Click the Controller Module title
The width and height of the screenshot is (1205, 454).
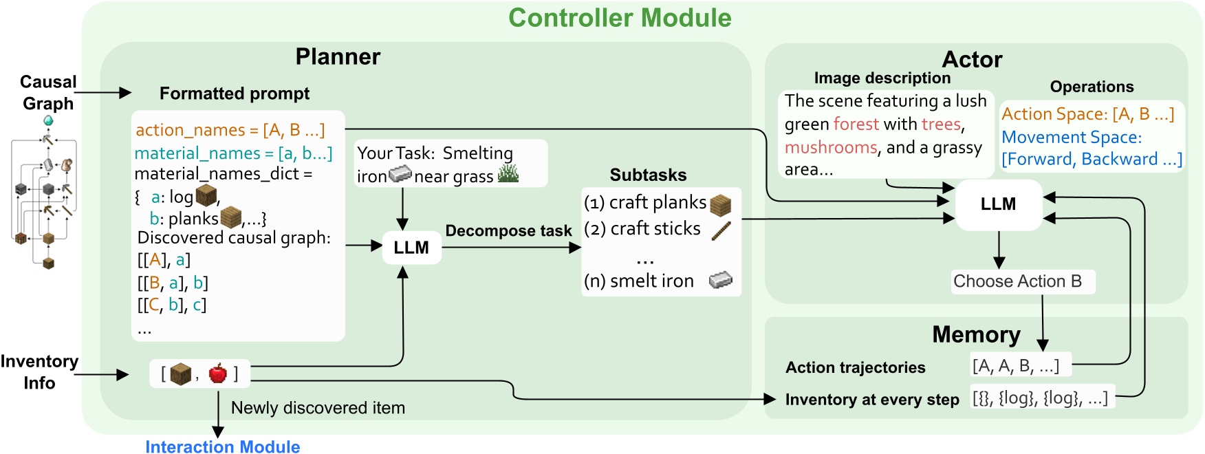619,19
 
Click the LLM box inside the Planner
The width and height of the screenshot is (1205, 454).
411,248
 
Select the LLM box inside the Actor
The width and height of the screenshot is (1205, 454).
998,204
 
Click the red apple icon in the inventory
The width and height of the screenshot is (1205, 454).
217,374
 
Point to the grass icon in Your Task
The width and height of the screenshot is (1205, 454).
508,175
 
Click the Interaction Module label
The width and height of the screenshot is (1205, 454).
222,446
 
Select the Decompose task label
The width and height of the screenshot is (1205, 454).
508,230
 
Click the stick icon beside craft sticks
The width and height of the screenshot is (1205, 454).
721,230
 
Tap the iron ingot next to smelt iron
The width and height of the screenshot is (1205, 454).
720,280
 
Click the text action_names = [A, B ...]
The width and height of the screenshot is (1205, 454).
230,130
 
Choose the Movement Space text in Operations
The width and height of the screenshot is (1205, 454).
1071,138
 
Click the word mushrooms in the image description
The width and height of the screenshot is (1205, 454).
831,148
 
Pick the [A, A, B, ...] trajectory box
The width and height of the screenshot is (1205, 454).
1015,366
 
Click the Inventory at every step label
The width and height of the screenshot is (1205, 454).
871,400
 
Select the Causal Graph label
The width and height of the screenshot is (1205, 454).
47,92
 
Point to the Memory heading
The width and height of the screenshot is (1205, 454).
975,334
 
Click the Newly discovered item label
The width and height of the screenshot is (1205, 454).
318,408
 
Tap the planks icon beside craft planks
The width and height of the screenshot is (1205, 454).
720,204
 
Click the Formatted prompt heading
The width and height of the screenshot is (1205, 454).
234,94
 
